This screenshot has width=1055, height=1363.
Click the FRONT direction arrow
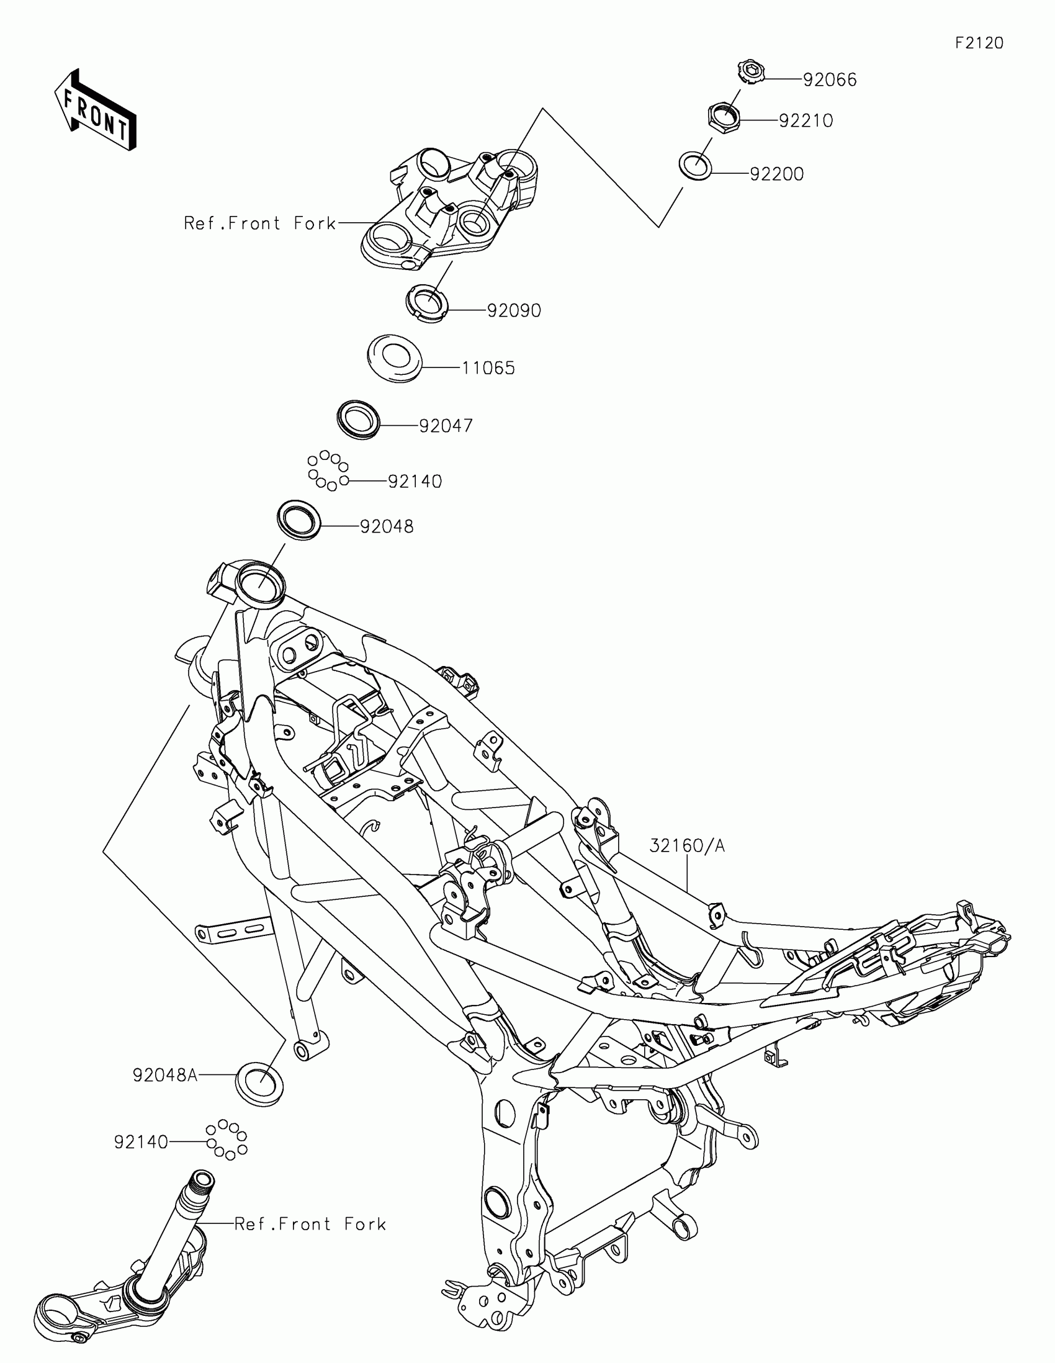[95, 110]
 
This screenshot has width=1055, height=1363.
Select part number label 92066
[829, 80]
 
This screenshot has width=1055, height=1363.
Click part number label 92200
[776, 174]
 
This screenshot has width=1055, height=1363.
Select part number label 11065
[488, 368]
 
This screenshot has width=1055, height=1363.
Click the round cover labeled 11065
[394, 359]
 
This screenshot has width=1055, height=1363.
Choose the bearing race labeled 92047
[358, 420]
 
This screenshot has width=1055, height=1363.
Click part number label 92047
[446, 426]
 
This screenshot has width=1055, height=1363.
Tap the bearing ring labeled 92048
[299, 520]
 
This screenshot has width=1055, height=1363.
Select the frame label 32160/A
[687, 845]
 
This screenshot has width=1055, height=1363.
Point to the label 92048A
[164, 1075]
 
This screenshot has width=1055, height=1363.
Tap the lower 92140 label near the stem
[141, 1142]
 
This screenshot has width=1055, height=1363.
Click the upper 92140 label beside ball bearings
[415, 481]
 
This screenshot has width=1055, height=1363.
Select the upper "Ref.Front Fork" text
[259, 223]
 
